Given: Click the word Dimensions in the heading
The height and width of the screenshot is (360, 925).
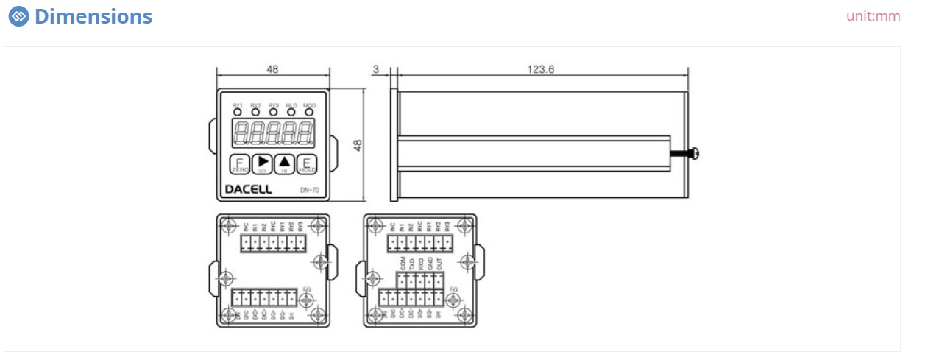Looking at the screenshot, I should (93, 16).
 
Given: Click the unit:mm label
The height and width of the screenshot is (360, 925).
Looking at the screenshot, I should (873, 16).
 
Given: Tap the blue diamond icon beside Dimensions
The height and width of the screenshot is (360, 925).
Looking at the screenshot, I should (19, 16).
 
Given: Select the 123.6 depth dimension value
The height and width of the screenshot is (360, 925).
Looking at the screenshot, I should (540, 69).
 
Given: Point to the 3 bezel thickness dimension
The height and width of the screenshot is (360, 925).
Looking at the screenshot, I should (376, 69).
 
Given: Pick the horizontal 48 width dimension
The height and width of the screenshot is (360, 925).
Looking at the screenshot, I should (272, 69).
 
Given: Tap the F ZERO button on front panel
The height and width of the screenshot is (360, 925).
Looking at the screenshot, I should (239, 165).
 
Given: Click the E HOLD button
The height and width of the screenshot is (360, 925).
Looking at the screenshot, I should (307, 165).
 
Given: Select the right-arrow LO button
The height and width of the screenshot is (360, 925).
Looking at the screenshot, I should (262, 164).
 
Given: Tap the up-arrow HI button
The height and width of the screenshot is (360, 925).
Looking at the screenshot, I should (285, 164).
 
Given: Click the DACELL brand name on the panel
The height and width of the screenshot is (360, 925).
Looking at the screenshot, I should (248, 189).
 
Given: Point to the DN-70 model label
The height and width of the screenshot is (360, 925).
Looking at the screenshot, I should (309, 191).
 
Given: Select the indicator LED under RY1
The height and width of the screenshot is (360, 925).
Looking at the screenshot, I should (238, 113).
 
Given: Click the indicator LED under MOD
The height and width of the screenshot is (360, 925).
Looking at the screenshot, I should (309, 113).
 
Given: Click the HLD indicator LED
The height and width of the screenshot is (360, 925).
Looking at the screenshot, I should (291, 113).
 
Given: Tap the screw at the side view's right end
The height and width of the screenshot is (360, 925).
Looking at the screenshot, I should (695, 154).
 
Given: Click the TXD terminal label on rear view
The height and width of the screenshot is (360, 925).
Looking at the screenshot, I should (411, 264).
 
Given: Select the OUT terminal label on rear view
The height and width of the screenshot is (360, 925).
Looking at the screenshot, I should (439, 264).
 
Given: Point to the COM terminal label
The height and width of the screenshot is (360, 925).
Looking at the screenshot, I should (403, 264).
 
